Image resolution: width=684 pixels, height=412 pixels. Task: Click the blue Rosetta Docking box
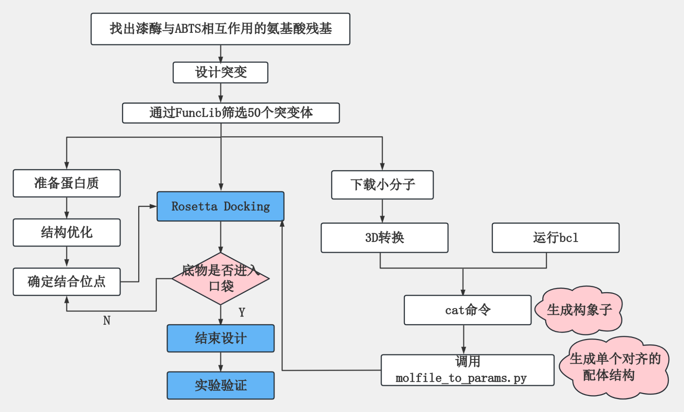point(221,206)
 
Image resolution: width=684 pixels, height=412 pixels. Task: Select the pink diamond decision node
point(221,279)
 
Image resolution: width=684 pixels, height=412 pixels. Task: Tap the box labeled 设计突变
point(221,72)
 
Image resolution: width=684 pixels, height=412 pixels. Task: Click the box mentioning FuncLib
point(231,113)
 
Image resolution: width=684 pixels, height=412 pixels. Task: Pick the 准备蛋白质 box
point(67,183)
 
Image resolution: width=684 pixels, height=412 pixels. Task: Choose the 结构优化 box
point(67,232)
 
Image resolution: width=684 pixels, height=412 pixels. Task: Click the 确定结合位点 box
point(67,282)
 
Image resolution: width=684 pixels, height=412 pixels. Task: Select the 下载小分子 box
point(382,185)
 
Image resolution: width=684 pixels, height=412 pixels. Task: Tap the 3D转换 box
point(384,238)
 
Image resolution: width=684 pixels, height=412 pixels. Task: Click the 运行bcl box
point(555,238)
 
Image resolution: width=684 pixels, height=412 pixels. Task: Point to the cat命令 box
point(467,310)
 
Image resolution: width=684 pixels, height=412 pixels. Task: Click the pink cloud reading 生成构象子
point(579,310)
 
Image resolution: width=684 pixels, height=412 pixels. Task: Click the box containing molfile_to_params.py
point(467,370)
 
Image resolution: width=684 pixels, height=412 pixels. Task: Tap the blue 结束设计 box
point(221,338)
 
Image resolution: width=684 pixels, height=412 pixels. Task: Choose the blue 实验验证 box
point(221,385)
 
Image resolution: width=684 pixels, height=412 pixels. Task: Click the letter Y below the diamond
point(242,313)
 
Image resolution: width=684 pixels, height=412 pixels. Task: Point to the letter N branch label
point(107,320)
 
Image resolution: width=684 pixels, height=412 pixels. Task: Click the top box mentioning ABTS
point(221,29)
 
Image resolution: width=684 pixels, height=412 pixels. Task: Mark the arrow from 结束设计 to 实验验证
point(221,362)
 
